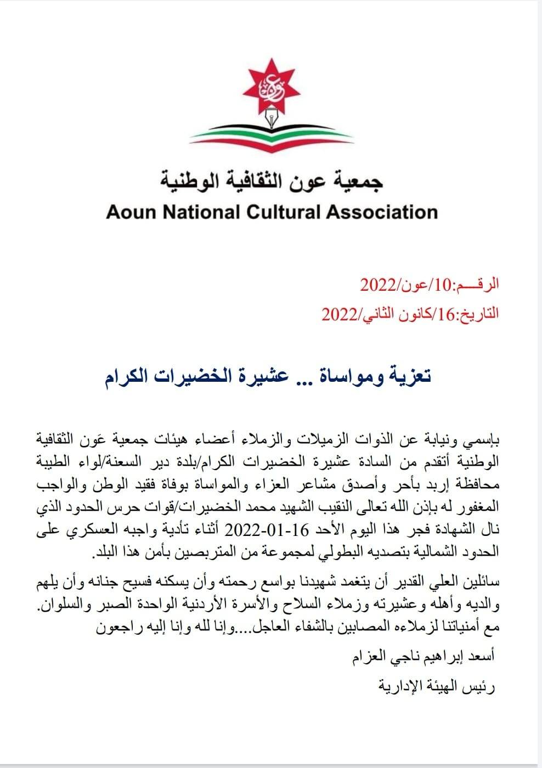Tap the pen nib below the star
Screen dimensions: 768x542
[270, 117]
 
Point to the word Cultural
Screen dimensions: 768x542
[285, 212]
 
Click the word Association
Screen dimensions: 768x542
[382, 212]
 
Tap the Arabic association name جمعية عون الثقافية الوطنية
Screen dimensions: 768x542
[272, 181]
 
